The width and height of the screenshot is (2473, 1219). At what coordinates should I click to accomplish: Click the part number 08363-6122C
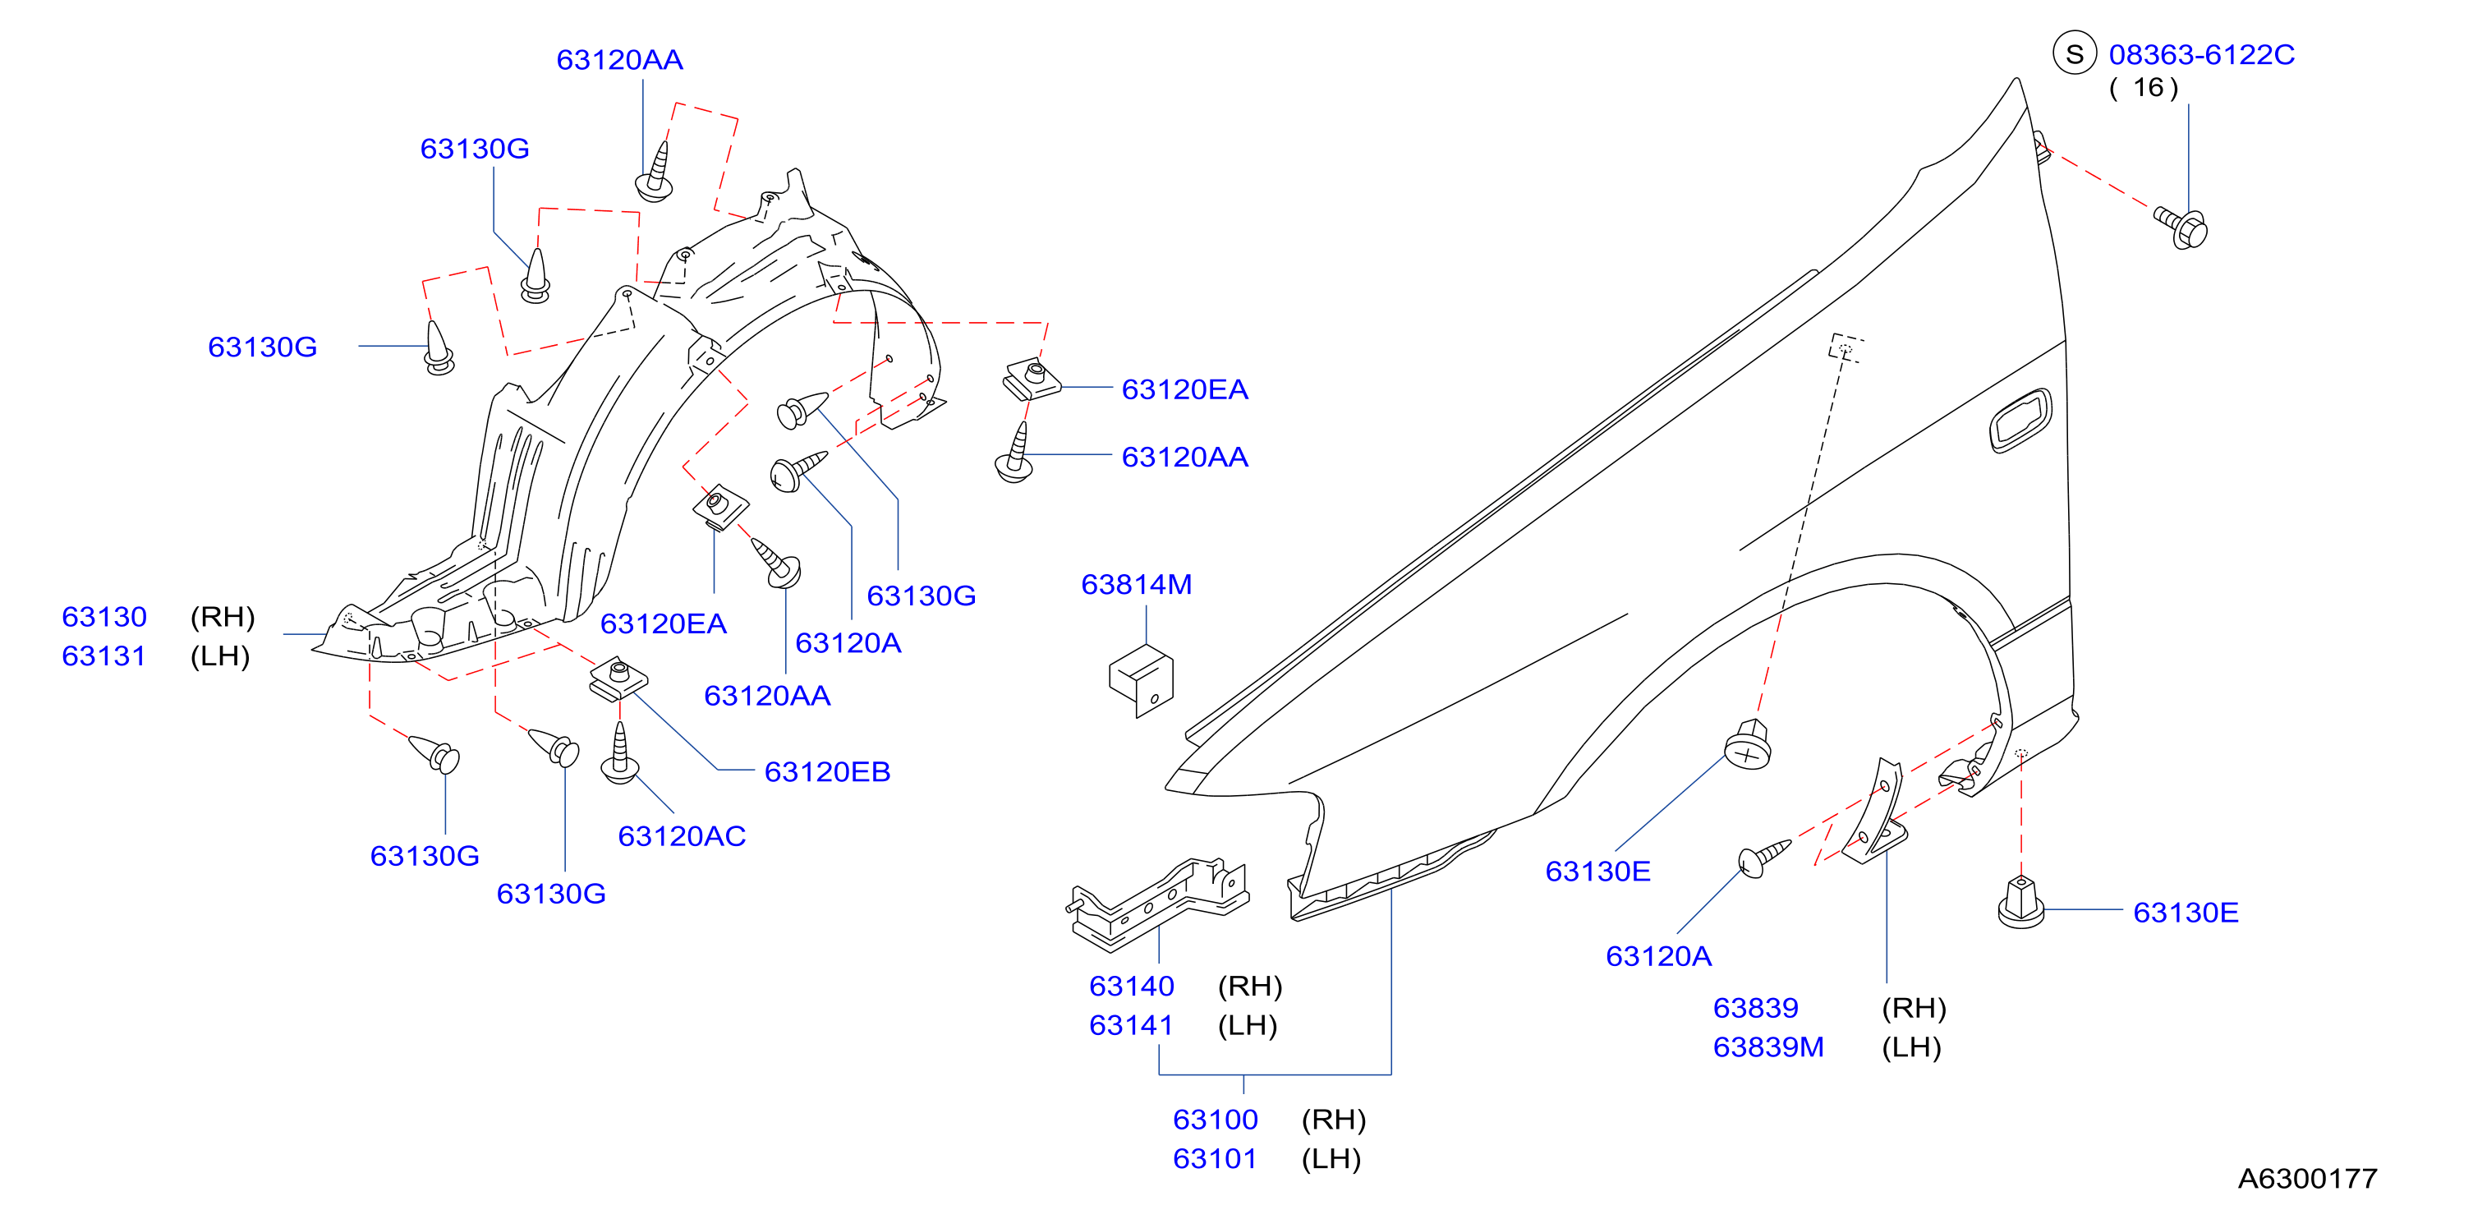point(2200,55)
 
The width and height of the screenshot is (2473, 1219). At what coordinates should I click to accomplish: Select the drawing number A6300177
point(2307,1178)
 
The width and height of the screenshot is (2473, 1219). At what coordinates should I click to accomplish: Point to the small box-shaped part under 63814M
point(1141,680)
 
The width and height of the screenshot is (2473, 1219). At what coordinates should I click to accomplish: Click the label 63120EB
point(826,770)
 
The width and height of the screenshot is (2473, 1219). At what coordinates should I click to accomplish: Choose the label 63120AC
point(682,835)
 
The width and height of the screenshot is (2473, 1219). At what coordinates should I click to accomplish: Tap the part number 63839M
point(1768,1046)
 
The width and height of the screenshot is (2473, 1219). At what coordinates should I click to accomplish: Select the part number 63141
point(1131,1025)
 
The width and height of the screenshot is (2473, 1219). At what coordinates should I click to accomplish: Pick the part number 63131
point(103,655)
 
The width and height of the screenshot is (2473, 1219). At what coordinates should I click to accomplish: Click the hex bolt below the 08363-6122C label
point(2181,228)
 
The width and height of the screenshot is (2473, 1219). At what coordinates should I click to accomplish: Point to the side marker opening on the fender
point(2020,421)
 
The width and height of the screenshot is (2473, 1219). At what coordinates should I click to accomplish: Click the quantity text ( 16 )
point(2143,87)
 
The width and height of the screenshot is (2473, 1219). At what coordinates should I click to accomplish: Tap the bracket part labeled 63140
point(1158,904)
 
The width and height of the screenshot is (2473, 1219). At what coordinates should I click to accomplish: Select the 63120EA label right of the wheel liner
point(1184,389)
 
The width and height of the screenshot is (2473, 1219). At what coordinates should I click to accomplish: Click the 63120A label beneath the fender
point(1658,956)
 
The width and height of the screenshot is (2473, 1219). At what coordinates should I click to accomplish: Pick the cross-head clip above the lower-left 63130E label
point(1747,744)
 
